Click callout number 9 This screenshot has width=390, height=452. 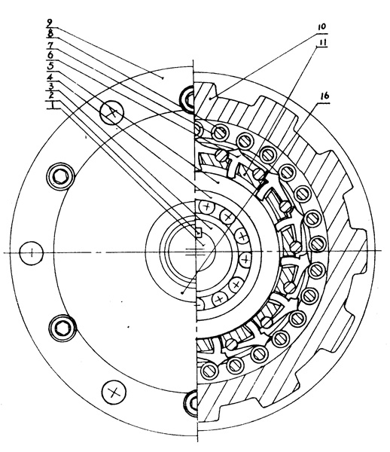[50, 23]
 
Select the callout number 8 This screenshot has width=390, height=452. [50, 34]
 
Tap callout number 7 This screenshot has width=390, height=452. [50, 44]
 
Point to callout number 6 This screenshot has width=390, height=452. [50, 55]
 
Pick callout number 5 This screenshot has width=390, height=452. [50, 66]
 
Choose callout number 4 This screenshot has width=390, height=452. [50, 77]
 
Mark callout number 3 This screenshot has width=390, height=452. [51, 86]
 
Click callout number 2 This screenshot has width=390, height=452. [51, 95]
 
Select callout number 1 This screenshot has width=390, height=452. [52, 105]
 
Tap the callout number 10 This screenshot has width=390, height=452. [321, 27]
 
